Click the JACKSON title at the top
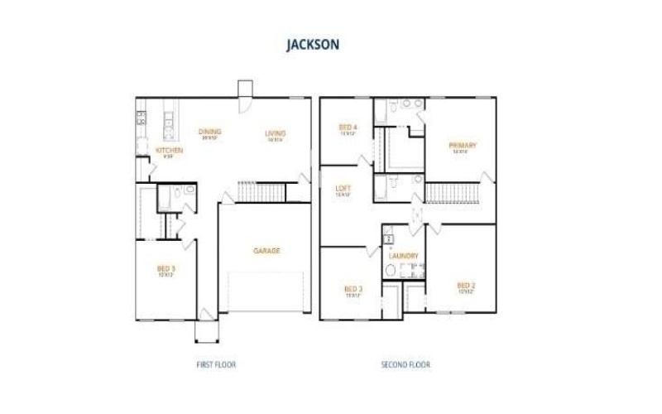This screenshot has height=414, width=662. [312, 45]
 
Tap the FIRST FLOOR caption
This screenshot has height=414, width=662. [216, 364]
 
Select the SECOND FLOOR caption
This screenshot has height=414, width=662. [405, 364]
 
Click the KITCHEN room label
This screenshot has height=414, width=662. [169, 150]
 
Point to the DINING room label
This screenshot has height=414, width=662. [209, 132]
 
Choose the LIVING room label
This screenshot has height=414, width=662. [275, 133]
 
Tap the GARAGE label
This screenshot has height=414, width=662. [266, 251]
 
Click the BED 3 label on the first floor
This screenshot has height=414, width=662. [165, 268]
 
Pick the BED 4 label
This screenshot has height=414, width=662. [348, 127]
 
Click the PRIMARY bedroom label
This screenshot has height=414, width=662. [463, 146]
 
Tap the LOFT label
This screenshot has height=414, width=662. [343, 188]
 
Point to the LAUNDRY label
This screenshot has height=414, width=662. [403, 256]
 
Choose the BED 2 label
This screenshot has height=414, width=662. [465, 286]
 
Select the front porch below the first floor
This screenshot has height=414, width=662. [206, 330]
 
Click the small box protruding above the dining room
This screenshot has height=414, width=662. [245, 89]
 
